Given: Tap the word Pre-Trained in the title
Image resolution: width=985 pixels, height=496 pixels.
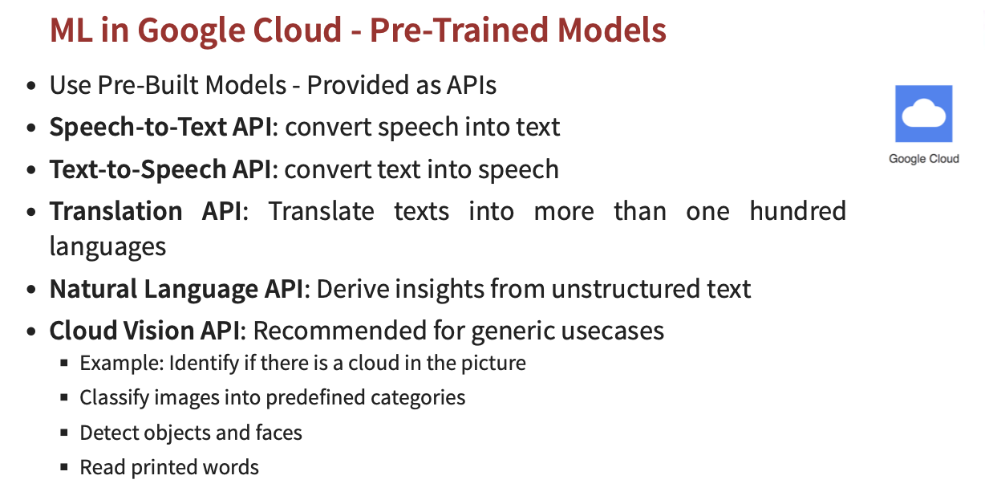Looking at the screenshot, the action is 459,30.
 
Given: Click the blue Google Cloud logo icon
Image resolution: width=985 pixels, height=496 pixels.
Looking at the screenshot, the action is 924,113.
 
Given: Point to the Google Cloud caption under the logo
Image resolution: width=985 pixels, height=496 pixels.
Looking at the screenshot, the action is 924,159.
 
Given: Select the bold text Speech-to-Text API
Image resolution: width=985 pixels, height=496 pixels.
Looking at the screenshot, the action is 160,127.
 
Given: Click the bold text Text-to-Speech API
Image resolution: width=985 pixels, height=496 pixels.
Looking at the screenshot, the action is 160,169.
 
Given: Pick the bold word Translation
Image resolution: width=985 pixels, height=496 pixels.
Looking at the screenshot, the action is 116,211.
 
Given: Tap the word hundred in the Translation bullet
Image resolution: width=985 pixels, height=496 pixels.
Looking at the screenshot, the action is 797,211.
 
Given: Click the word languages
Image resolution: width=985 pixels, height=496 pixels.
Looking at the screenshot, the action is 107,246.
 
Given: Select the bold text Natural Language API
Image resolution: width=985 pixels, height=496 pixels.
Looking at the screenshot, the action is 176,289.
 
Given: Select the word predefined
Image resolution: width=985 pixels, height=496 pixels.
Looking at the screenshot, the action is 315,397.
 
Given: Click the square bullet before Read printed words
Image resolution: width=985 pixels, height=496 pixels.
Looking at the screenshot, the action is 64,467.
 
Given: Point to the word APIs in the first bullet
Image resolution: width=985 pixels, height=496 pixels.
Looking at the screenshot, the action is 472,85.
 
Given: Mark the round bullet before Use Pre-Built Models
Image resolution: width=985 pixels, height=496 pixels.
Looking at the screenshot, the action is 30,86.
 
